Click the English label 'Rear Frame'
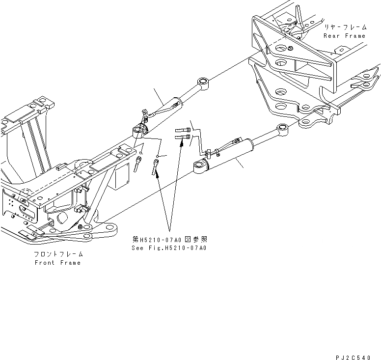tap(344, 36)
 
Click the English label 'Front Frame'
tap(57, 263)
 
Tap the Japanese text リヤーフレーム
tap(344, 28)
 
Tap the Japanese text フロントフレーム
tap(58, 254)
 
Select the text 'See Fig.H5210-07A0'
tap(169, 248)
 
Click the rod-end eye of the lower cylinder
tap(282, 130)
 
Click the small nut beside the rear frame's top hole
tap(291, 48)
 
